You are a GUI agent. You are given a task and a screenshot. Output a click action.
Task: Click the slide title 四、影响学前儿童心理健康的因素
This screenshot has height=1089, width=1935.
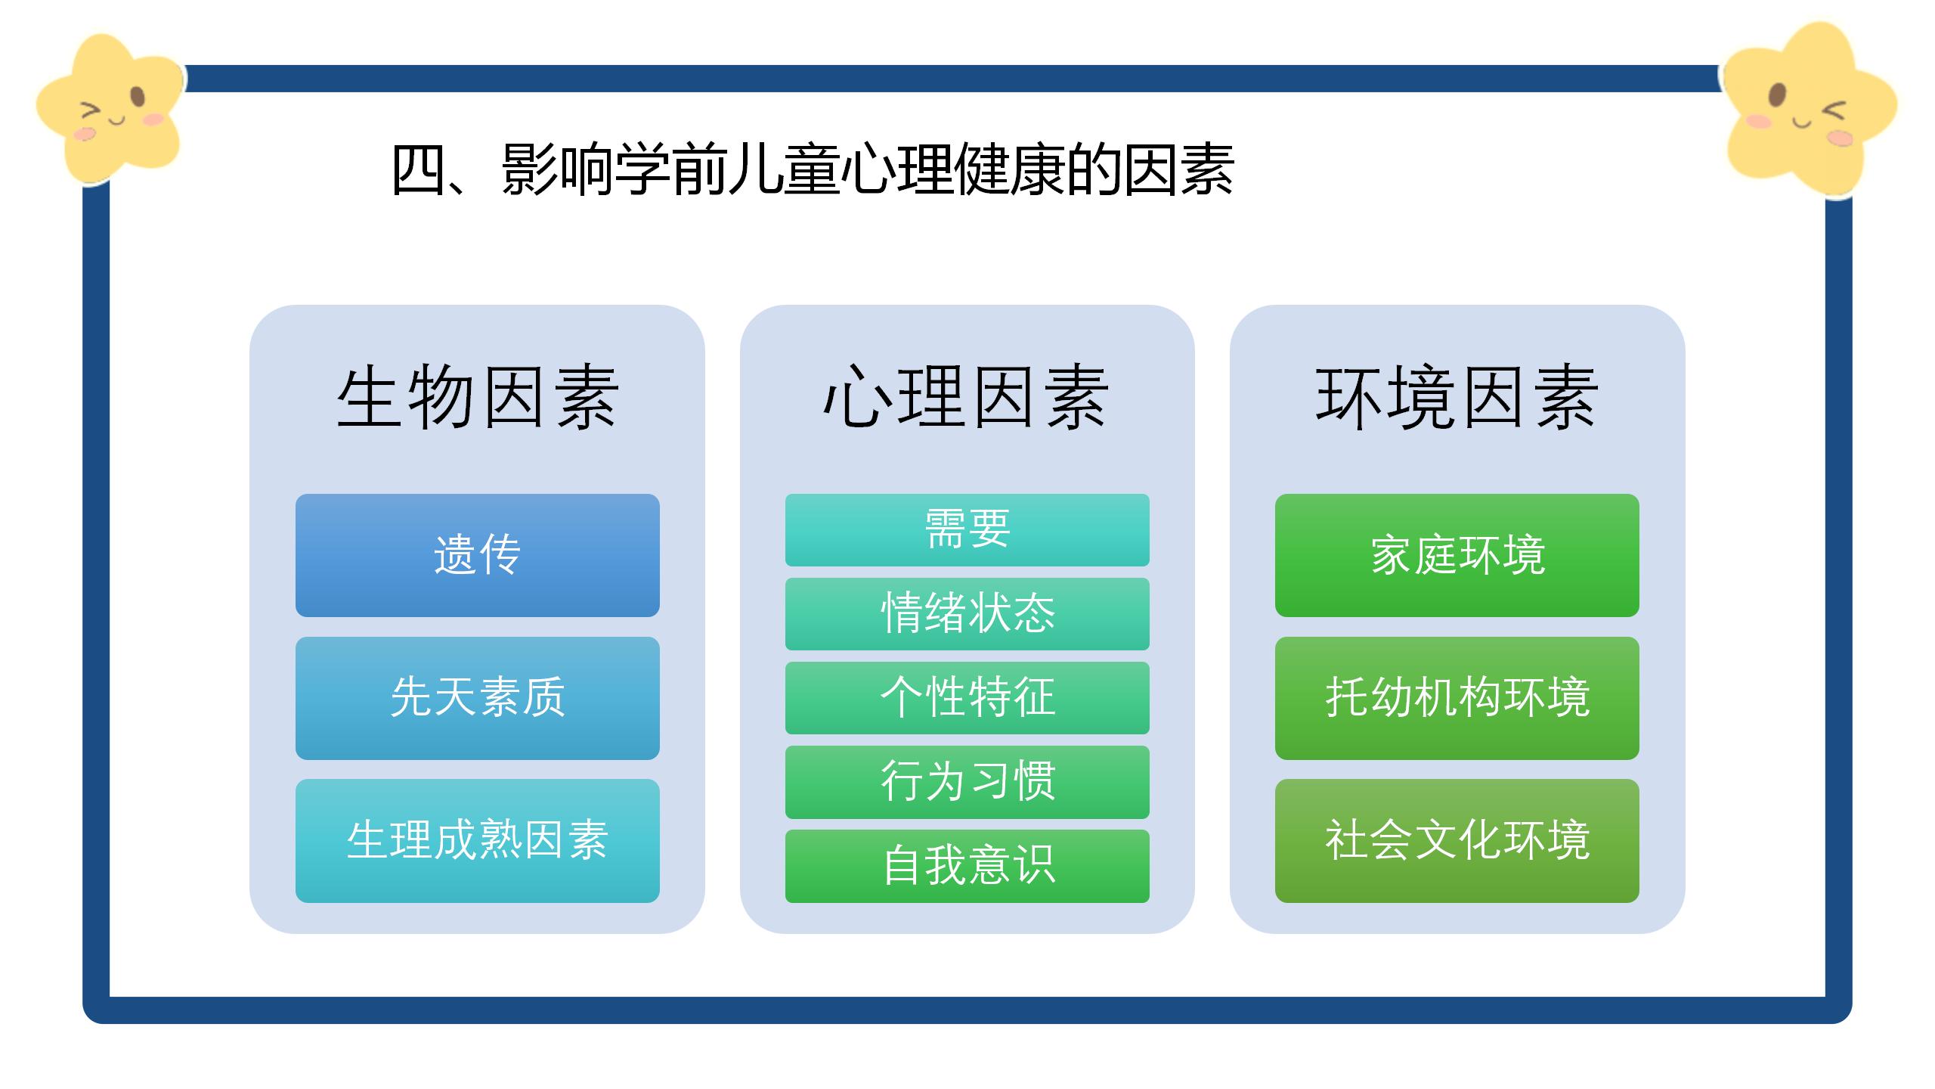click(813, 169)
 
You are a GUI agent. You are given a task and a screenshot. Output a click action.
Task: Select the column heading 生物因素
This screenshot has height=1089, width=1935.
click(478, 398)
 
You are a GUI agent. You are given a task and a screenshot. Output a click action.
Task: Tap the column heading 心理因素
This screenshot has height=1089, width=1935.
click(967, 398)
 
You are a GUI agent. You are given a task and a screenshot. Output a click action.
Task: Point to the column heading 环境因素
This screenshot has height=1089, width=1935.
click(1457, 398)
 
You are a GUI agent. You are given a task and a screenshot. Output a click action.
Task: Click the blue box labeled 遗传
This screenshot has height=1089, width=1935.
click(478, 555)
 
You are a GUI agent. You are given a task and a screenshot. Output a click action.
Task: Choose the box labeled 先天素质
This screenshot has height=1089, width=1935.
click(478, 698)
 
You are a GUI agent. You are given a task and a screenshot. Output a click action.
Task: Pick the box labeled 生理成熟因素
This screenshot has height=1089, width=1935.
click(478, 841)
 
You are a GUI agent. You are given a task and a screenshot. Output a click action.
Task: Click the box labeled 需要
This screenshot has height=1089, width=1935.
click(967, 530)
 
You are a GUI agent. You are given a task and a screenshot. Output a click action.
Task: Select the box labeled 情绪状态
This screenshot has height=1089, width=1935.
click(967, 614)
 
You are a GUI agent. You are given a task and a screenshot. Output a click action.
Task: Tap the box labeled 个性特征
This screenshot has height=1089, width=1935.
click(967, 698)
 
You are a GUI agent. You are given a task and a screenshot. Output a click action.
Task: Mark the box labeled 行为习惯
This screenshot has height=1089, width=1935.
click(967, 782)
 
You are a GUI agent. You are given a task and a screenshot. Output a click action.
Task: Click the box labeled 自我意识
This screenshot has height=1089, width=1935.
click(967, 866)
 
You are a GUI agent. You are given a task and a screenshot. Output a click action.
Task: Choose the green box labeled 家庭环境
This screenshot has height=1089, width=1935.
click(1457, 555)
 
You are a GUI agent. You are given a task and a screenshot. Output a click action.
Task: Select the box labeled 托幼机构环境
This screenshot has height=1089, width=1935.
click(1457, 698)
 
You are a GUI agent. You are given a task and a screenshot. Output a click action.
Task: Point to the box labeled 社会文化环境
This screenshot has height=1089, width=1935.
click(1457, 841)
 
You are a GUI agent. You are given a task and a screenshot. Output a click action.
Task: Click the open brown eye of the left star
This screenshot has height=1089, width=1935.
click(137, 98)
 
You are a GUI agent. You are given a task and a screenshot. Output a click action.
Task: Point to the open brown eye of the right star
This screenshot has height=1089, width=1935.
click(1778, 96)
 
